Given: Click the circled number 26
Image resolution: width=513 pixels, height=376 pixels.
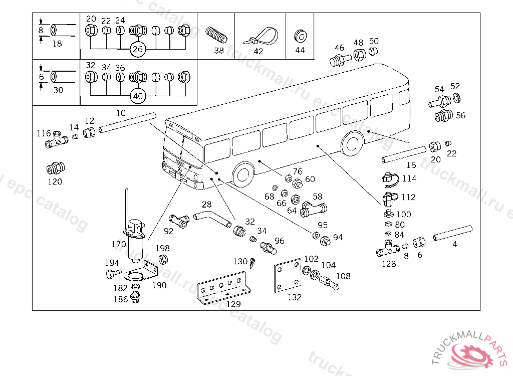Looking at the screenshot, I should point(137,49).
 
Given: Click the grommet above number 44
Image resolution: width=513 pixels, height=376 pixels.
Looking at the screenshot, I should point(300,35).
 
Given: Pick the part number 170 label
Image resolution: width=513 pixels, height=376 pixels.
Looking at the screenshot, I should point(119,245).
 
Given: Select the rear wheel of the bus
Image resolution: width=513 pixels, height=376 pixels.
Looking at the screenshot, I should point(352,143).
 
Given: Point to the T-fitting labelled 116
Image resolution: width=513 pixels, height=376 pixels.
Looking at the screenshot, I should point(57,141).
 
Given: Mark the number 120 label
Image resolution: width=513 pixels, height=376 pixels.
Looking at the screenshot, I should point(55,181).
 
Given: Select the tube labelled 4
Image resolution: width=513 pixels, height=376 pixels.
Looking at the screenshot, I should point(453,232).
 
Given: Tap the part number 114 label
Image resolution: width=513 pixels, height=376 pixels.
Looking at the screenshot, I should point(409,178).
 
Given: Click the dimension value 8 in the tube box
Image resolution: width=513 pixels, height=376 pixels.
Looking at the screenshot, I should point(41,30).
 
